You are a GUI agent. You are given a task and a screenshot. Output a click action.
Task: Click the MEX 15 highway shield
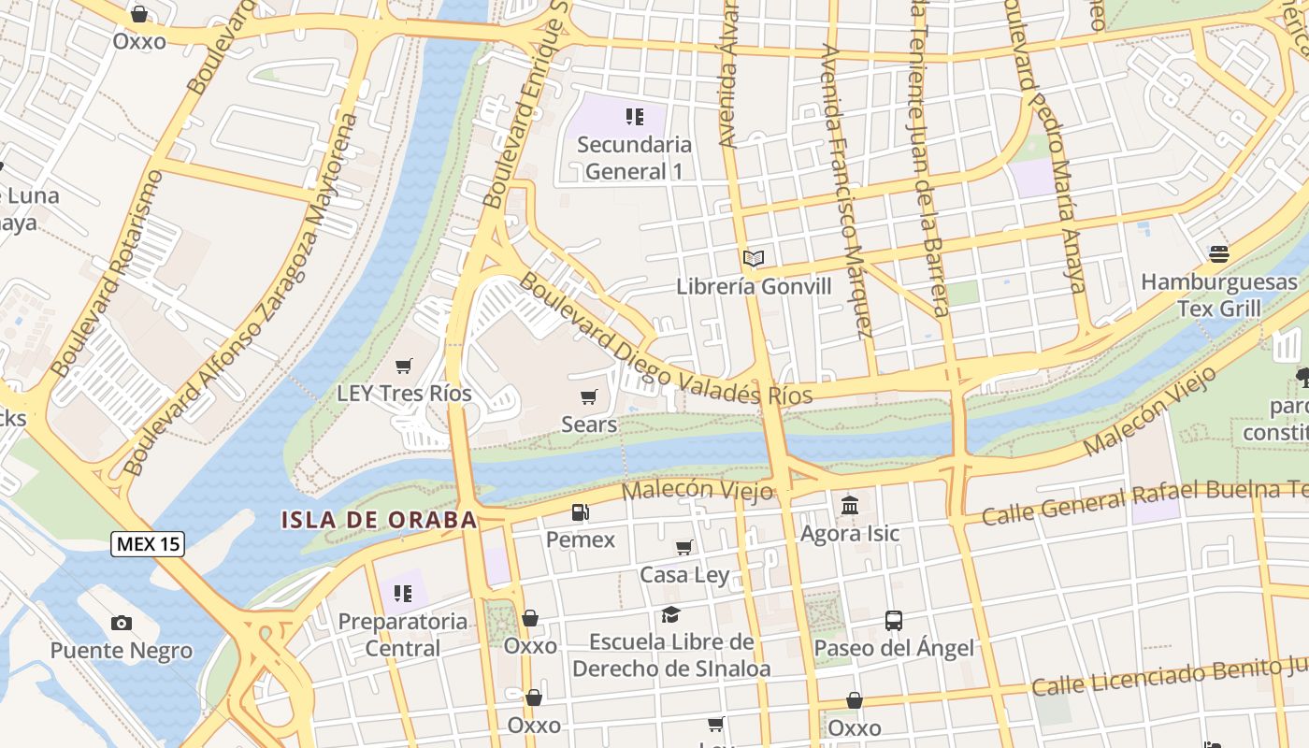(x=148, y=544)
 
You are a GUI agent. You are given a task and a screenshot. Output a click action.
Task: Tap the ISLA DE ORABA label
(x=380, y=520)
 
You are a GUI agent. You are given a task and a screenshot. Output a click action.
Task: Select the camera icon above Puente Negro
(x=122, y=624)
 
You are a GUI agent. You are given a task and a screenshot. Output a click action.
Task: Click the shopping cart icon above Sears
(x=589, y=397)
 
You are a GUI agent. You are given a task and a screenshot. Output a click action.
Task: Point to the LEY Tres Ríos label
(x=404, y=394)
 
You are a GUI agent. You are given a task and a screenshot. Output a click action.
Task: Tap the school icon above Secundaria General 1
(x=635, y=117)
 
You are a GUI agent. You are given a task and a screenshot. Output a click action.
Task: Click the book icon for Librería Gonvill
(x=754, y=258)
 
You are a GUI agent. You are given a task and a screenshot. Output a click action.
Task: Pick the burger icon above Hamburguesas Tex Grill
(x=1218, y=253)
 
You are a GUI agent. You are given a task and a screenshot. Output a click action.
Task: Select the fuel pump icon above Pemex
(x=581, y=512)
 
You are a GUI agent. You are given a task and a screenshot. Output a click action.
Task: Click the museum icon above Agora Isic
(x=850, y=506)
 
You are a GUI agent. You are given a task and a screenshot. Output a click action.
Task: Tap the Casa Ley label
(x=684, y=575)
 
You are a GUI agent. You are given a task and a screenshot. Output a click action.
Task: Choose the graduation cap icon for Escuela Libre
(x=670, y=614)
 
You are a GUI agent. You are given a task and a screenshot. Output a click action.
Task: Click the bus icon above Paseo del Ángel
(x=894, y=620)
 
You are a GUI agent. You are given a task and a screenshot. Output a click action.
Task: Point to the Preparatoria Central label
(x=402, y=635)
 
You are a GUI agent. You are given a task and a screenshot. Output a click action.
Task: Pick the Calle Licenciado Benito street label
(x=1169, y=676)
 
